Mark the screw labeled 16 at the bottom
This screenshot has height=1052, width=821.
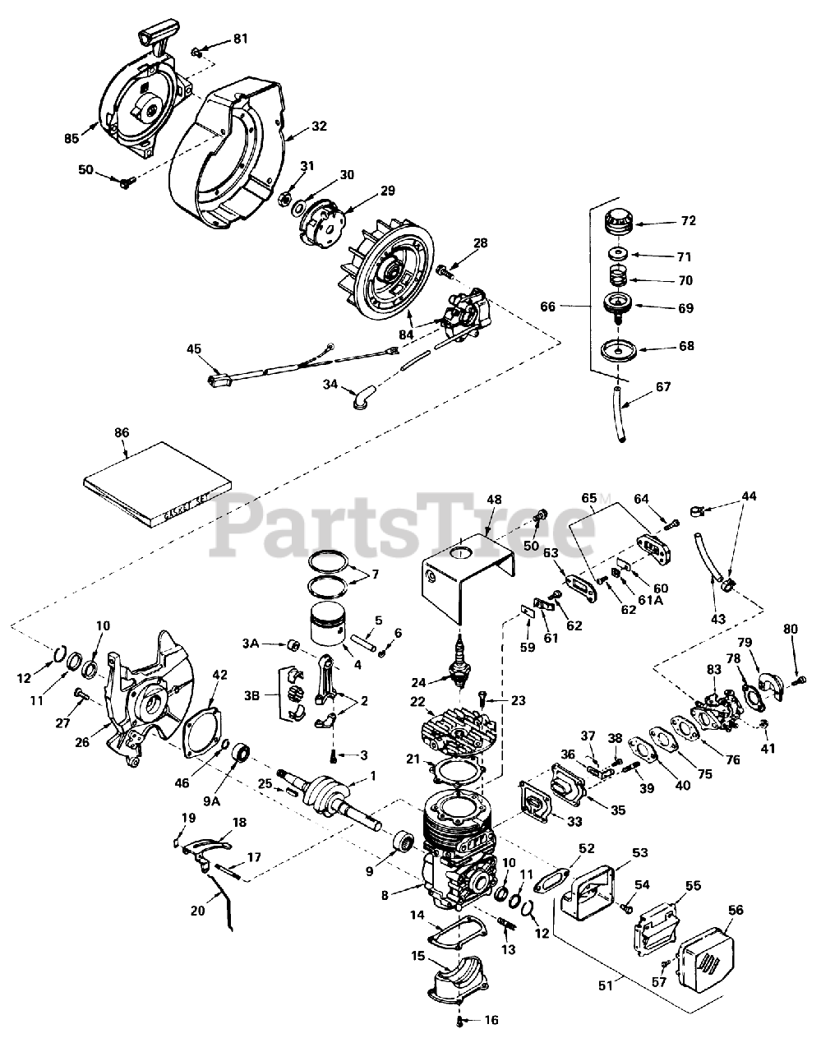[459, 1022]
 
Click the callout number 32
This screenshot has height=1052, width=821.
[319, 127]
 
